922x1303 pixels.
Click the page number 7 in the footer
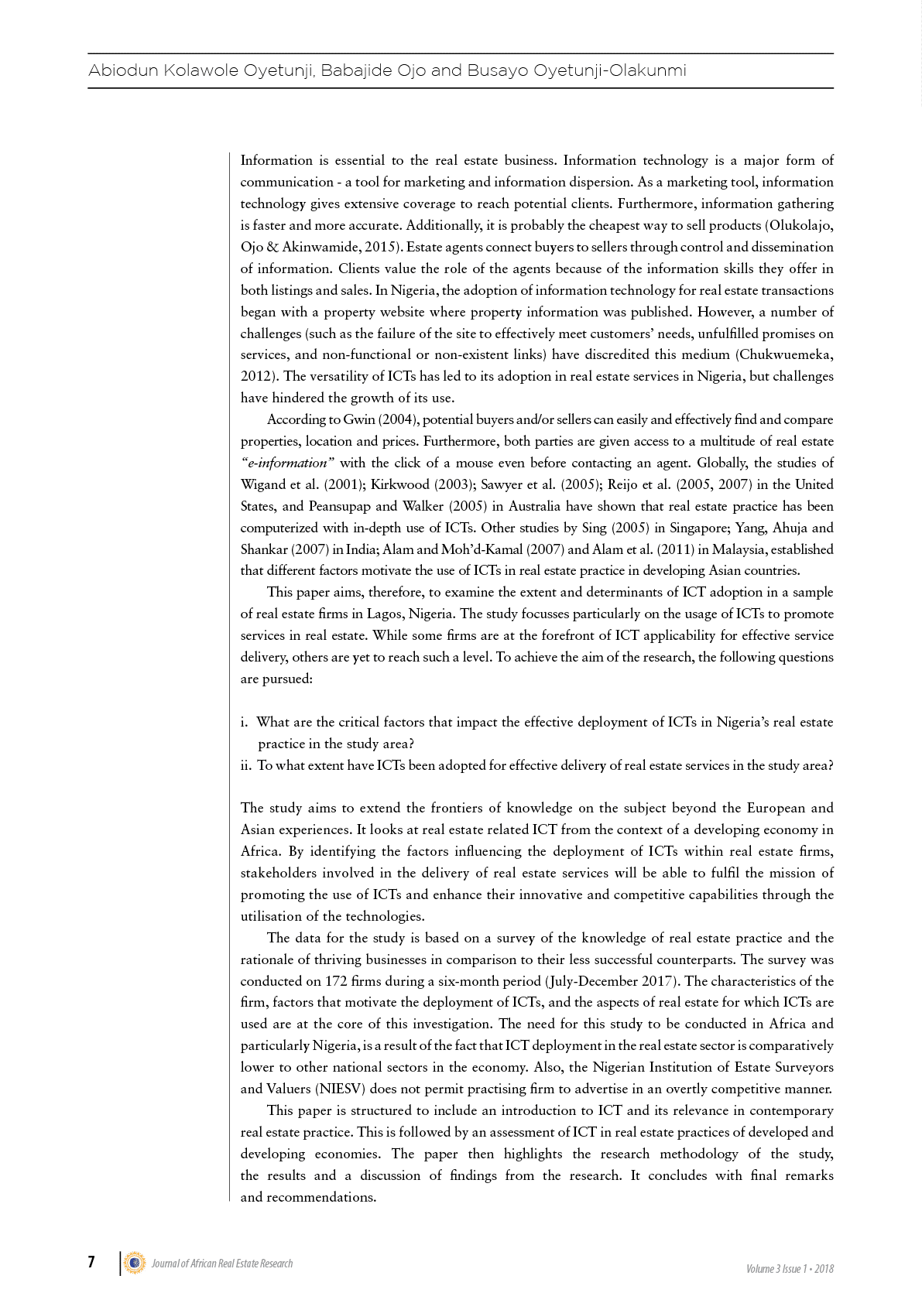91,1262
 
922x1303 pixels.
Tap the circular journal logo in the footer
135,1263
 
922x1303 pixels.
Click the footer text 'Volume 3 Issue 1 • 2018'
790,1269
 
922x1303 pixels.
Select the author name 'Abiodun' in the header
122,70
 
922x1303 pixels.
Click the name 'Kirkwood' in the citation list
399,485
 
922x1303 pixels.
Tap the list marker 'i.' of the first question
245,723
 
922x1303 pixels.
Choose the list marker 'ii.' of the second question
246,766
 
